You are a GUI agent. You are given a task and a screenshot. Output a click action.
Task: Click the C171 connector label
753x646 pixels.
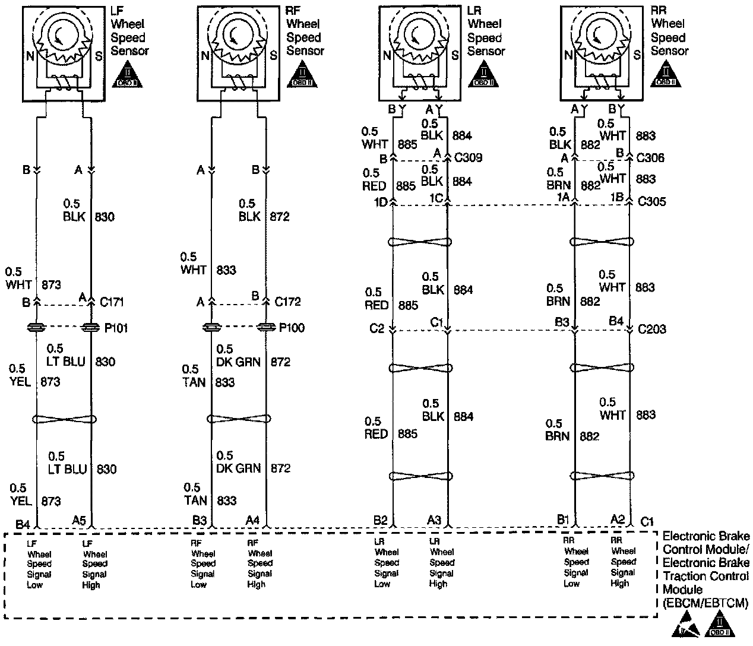tap(112, 302)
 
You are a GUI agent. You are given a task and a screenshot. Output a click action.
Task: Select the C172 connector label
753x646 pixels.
tap(287, 302)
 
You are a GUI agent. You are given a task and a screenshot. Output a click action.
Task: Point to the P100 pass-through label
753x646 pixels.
tap(292, 328)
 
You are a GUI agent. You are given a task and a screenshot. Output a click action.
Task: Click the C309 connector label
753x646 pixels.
tap(468, 158)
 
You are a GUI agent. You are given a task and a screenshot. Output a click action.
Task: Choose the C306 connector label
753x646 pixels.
tap(650, 158)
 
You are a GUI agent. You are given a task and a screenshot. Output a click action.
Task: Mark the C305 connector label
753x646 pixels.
tap(651, 201)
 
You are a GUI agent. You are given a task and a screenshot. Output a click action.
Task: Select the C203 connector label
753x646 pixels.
tap(651, 329)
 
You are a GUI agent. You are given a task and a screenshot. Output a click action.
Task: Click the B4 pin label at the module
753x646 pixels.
tap(23, 524)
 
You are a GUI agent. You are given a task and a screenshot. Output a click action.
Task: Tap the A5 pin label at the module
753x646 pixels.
tap(79, 521)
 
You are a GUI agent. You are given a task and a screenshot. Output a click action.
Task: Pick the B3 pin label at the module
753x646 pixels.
tap(200, 521)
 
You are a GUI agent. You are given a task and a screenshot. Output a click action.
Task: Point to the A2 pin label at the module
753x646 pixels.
tap(618, 520)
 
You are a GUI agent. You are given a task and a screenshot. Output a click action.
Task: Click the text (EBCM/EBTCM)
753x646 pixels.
tap(705, 603)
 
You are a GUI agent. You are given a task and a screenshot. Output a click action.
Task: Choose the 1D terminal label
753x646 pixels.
tap(381, 202)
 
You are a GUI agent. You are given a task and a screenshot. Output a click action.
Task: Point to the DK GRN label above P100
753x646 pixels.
tap(238, 361)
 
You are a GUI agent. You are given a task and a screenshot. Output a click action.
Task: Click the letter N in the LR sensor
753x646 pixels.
tap(387, 56)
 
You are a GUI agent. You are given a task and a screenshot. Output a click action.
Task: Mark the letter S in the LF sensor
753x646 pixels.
tap(98, 56)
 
